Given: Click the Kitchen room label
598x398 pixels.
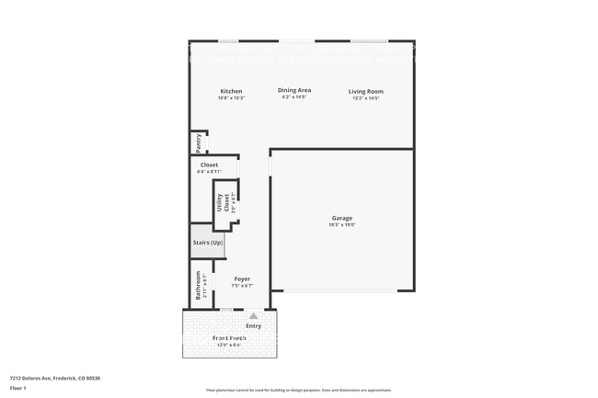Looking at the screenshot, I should pyautogui.click(x=231, y=91).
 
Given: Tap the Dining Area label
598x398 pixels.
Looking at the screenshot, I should pyautogui.click(x=294, y=90).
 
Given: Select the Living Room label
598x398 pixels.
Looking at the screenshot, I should pyautogui.click(x=365, y=91).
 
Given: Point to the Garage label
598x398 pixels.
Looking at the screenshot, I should pyautogui.click(x=342, y=218).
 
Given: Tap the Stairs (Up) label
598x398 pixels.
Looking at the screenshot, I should pyautogui.click(x=207, y=243).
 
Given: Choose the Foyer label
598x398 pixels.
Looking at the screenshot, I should pyautogui.click(x=242, y=279).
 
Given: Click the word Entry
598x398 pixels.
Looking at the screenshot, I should pyautogui.click(x=253, y=325).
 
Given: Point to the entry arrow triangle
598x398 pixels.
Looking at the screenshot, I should pyautogui.click(x=253, y=315).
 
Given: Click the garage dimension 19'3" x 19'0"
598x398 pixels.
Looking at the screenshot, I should pyautogui.click(x=342, y=225).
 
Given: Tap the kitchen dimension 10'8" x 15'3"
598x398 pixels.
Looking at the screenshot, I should pyautogui.click(x=231, y=98).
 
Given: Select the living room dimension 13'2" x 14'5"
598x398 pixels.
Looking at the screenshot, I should pyautogui.click(x=365, y=98).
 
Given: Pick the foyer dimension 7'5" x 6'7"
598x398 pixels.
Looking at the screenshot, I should pyautogui.click(x=242, y=286).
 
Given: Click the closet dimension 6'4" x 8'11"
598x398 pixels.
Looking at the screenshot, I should pyautogui.click(x=209, y=172).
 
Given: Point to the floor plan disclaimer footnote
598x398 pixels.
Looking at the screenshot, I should pyautogui.click(x=298, y=390).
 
